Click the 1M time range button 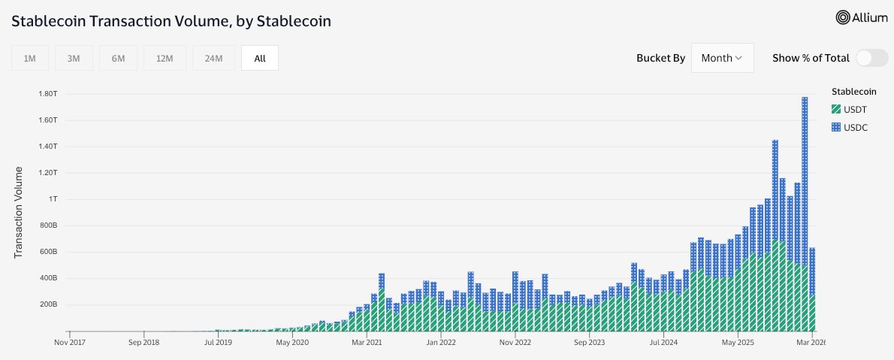(x=30, y=58)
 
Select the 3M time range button (x=74, y=58)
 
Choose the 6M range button (x=118, y=58)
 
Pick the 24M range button (x=213, y=58)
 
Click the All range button (x=260, y=58)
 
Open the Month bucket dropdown (x=722, y=58)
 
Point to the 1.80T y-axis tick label (x=47, y=93)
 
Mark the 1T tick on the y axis (x=52, y=199)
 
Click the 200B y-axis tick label (x=47, y=304)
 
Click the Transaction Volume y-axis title (x=20, y=213)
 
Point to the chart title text (x=171, y=21)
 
